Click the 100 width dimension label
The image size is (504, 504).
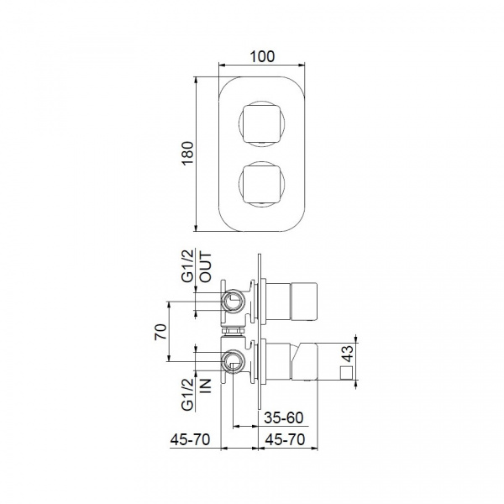pyautogui.click(x=262, y=56)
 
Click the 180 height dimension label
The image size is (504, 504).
pyautogui.click(x=188, y=154)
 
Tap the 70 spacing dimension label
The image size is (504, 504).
pyautogui.click(x=161, y=332)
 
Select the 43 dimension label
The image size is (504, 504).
pyautogui.click(x=348, y=354)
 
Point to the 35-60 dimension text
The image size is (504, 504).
pyautogui.click(x=284, y=417)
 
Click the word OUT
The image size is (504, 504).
pyautogui.click(x=206, y=267)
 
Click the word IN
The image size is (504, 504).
pyautogui.click(x=206, y=386)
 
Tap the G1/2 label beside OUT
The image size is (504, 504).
pyautogui.click(x=188, y=265)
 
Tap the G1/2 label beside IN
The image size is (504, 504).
pyautogui.click(x=188, y=394)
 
